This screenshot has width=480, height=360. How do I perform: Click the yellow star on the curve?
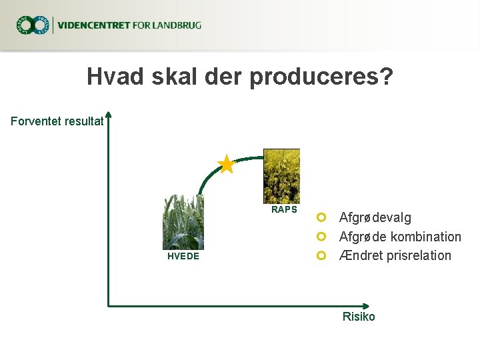tap(226, 164)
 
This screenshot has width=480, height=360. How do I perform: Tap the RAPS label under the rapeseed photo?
tap(284, 209)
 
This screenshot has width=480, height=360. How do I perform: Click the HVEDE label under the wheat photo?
tap(183, 256)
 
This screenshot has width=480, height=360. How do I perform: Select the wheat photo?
tap(183, 222)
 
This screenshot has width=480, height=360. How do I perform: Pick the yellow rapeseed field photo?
tap(281, 175)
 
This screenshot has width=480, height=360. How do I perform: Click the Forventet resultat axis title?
tap(57, 121)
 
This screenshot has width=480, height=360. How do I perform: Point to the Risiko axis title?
tap(359, 317)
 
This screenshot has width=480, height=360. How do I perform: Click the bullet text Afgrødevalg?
tap(375, 217)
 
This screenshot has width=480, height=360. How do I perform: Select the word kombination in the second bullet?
tap(426, 237)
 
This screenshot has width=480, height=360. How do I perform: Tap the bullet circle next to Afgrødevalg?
tap(321, 217)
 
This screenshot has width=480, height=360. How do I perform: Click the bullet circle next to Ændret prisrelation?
tap(321, 255)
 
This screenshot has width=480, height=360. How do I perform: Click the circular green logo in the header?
tap(33, 26)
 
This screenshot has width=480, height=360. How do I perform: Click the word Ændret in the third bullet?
tap(360, 255)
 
